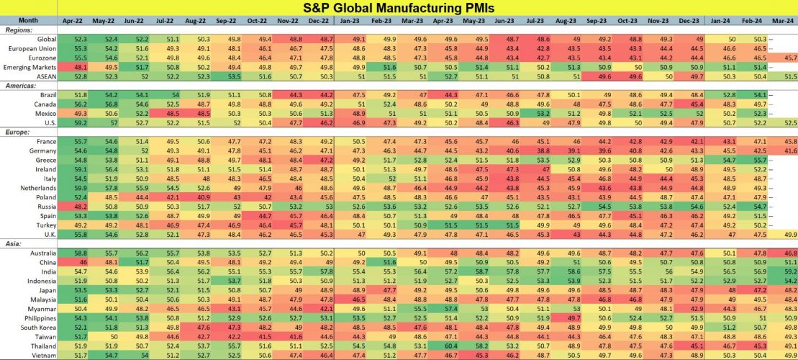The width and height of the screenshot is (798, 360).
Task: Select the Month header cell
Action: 29,22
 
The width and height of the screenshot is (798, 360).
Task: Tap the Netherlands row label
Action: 36,187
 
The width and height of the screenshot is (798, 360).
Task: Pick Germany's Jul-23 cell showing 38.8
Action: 545,151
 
